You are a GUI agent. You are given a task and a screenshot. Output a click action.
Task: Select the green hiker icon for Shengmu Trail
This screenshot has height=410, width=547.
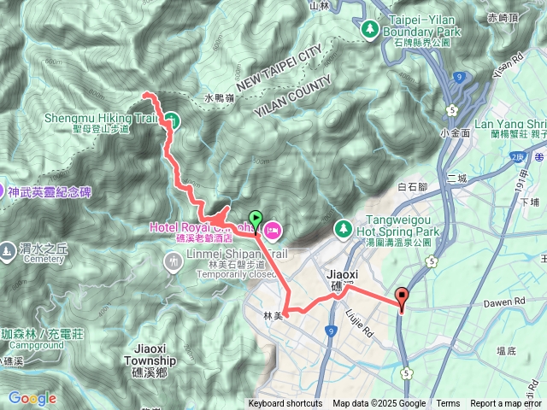click(171, 120)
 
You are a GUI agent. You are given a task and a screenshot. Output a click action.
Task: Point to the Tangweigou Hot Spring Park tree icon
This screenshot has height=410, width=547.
click(343, 229)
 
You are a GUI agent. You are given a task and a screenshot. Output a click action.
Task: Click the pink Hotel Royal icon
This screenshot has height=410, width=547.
click(273, 228)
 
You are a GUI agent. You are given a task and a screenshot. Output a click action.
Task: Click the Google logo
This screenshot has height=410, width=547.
click(32, 398)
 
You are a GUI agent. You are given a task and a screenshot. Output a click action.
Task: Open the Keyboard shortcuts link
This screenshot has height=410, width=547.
click(285, 404)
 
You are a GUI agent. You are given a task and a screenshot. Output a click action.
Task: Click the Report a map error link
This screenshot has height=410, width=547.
click(507, 404)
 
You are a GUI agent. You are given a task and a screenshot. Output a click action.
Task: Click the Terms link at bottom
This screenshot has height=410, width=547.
click(448, 404)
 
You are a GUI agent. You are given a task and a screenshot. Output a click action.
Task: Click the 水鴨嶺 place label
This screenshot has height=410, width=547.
click(219, 99)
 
